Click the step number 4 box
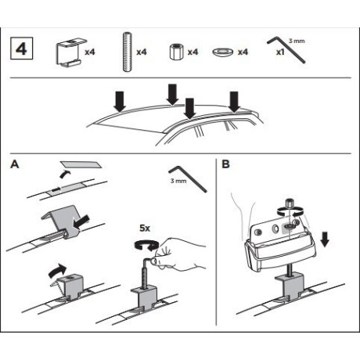pos(21,49)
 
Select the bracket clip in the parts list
pos(70,53)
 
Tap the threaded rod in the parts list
pos(128,52)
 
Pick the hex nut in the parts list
pos(176,52)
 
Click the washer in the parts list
pos(223,52)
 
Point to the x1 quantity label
pos(280,52)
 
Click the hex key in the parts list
pos(286,49)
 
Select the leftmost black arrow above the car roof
pos(120,101)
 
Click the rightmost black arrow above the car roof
pos(234,102)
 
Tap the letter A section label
pos(15,164)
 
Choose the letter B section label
pos(225,164)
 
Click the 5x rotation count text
pos(145,229)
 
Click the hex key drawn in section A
pos(188,178)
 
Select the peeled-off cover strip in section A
pos(81,164)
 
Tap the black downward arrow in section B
pos(325,239)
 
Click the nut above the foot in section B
pos(290,203)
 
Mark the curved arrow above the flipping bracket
pos(57,271)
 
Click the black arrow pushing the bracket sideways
pos(81,223)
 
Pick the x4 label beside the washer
pos(243,52)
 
